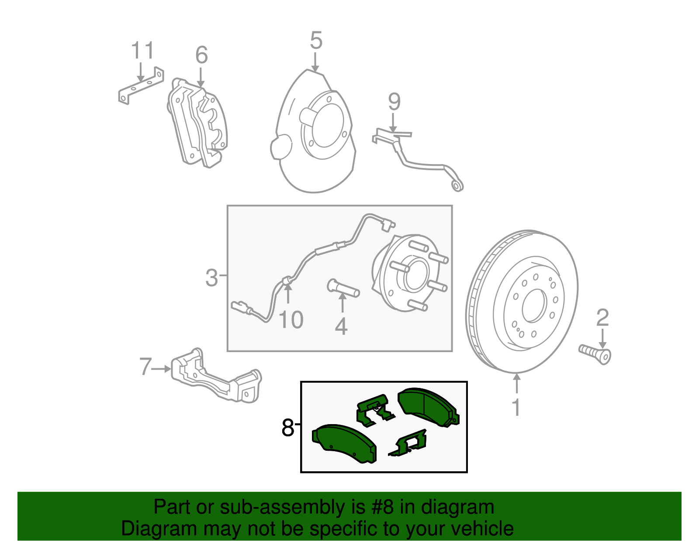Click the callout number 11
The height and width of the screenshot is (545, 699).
tap(143, 51)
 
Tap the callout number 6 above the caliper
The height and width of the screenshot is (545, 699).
tap(201, 55)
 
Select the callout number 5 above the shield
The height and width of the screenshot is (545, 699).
tap(316, 41)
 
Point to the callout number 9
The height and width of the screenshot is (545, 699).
tap(394, 102)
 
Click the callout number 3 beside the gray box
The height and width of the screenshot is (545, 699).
tap(212, 278)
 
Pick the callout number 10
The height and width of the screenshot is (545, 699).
tap(291, 320)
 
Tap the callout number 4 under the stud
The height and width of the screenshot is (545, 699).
tap(341, 326)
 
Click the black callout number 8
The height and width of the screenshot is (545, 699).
tap(288, 428)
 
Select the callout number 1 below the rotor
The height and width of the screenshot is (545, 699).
tap(516, 408)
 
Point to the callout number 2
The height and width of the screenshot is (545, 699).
tap(602, 318)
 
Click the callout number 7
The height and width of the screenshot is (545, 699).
tap(145, 367)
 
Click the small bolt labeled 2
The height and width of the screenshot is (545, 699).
tap(595, 353)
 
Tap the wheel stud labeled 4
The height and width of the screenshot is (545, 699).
tap(343, 288)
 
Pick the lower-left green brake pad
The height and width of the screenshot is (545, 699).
tap(345, 443)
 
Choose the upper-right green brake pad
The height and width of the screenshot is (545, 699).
tap(427, 406)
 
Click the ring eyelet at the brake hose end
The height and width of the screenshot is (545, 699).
tap(457, 186)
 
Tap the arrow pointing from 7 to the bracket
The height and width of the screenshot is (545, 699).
tap(161, 369)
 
